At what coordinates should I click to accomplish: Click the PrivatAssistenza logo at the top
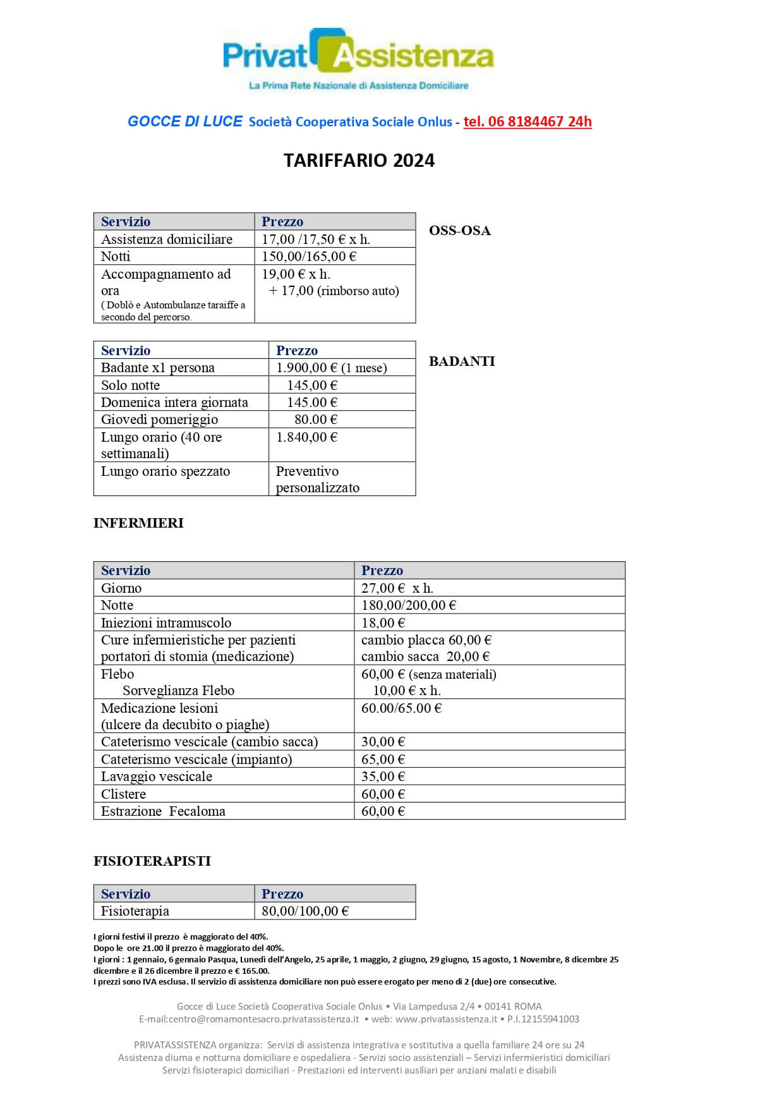pyautogui.click(x=358, y=58)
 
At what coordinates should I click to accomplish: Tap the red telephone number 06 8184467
pyautogui.click(x=527, y=121)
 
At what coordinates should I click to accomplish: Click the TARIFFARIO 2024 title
pyautogui.click(x=359, y=161)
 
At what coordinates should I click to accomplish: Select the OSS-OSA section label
pyautogui.click(x=459, y=231)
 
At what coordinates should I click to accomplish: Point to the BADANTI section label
pyautogui.click(x=462, y=361)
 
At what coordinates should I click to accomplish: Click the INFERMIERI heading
pyautogui.click(x=138, y=523)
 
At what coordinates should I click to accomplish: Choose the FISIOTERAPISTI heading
pyautogui.click(x=152, y=861)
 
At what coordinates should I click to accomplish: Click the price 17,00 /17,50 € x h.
pyautogui.click(x=316, y=239)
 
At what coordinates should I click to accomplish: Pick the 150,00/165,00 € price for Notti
pyautogui.click(x=309, y=257)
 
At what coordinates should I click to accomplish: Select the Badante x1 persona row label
pyautogui.click(x=158, y=368)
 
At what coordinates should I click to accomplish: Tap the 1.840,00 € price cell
pyautogui.click(x=306, y=437)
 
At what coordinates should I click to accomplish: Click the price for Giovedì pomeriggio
pyautogui.click(x=316, y=420)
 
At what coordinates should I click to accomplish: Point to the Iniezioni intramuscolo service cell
pyautogui.click(x=166, y=623)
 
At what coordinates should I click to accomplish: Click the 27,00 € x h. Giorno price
pyautogui.click(x=397, y=588)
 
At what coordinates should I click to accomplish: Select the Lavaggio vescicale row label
pyautogui.click(x=157, y=777)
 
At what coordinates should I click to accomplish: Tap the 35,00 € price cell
pyautogui.click(x=383, y=777)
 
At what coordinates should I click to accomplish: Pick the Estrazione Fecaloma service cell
pyautogui.click(x=163, y=811)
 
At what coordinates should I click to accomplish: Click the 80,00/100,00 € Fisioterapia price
pyautogui.click(x=305, y=911)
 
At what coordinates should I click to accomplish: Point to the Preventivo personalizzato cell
pyautogui.click(x=317, y=480)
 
